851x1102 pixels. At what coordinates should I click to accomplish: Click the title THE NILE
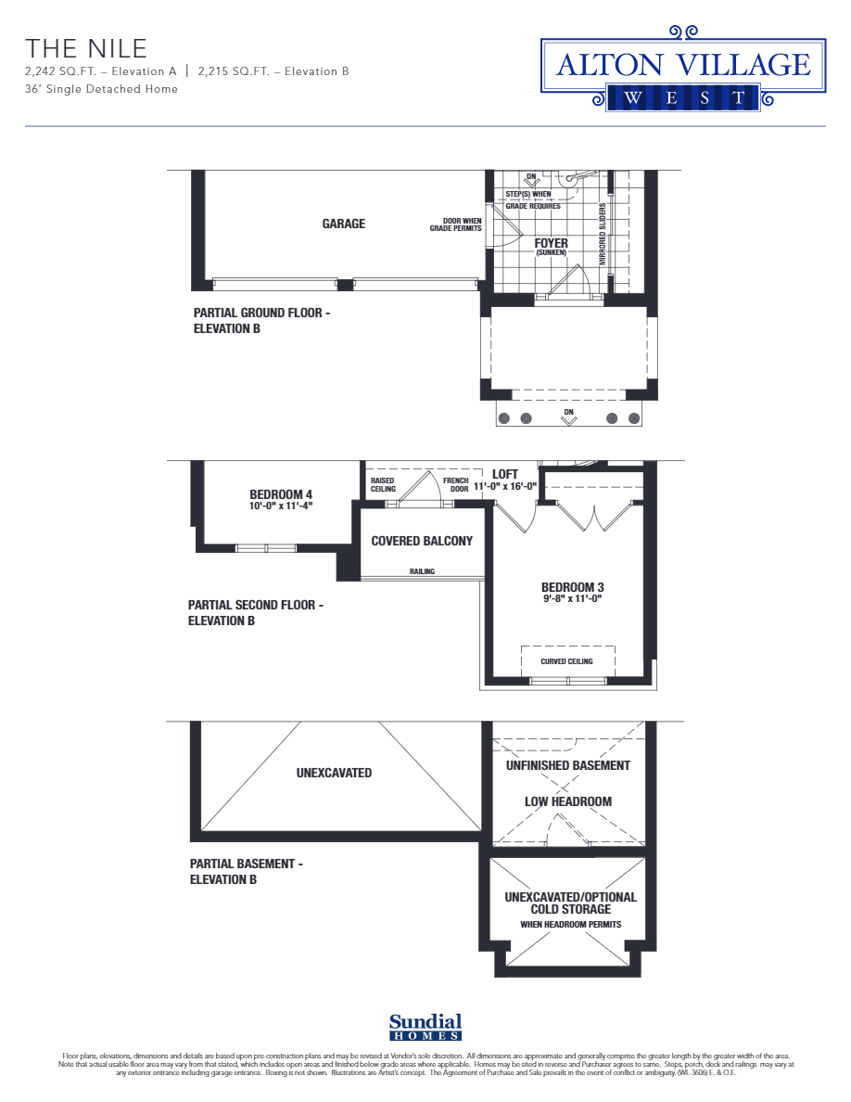point(86,48)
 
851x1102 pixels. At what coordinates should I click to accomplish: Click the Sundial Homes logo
point(425,1025)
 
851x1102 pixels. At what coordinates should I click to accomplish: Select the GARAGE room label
point(344,224)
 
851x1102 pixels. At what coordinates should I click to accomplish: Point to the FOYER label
point(551,243)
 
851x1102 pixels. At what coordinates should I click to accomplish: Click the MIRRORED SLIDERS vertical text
point(603,235)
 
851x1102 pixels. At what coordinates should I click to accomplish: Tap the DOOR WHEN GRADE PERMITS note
point(455,224)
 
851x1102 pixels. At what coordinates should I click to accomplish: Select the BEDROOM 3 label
point(572,587)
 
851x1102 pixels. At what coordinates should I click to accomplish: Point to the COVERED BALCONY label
point(422,541)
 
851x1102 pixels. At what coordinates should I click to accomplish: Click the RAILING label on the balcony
point(422,571)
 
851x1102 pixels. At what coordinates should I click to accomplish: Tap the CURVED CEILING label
point(566,661)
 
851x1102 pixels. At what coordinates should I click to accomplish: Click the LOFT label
point(505,474)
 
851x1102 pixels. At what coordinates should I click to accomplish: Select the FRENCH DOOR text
point(456,484)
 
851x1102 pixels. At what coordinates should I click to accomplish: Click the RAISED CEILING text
point(383,484)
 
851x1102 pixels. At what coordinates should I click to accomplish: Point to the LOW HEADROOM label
point(568,801)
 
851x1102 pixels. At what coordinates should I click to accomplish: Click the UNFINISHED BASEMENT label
point(568,765)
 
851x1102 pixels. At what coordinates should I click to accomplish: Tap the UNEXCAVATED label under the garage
point(334,773)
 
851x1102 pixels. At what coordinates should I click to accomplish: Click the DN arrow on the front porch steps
point(569,417)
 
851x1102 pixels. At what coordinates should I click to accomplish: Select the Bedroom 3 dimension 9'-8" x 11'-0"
point(572,599)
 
